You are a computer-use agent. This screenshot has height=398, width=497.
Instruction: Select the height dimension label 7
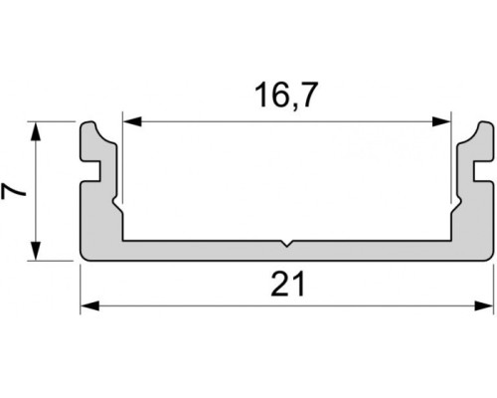14,191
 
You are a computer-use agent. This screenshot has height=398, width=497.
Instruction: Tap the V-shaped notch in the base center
285,242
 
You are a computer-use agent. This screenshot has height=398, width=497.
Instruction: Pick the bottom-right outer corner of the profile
491,260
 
